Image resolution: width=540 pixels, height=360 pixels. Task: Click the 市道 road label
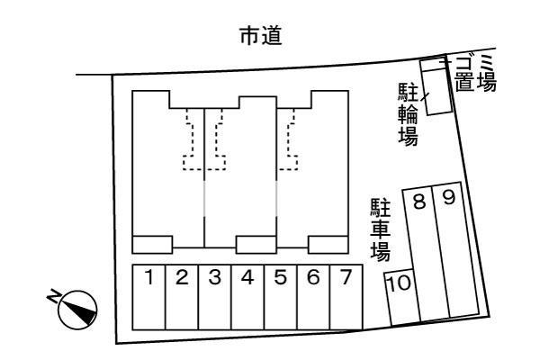260,35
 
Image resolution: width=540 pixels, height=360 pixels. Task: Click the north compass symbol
75,310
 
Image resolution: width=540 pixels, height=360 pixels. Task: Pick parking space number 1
148,296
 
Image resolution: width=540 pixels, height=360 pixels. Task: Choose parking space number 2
181,296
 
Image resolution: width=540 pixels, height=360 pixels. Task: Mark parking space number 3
214,296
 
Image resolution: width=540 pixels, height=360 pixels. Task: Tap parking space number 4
247,296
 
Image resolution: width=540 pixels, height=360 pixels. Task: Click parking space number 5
280,296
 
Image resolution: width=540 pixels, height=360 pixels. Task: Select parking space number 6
312,296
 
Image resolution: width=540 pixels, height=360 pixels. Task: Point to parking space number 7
345,296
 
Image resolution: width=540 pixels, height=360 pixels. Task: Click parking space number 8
422,252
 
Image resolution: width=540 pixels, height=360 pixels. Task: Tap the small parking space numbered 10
400,296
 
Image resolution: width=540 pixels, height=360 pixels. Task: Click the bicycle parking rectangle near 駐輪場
436,89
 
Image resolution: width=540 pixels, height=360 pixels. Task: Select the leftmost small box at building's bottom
151,244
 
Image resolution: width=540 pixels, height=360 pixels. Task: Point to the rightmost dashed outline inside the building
288,139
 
